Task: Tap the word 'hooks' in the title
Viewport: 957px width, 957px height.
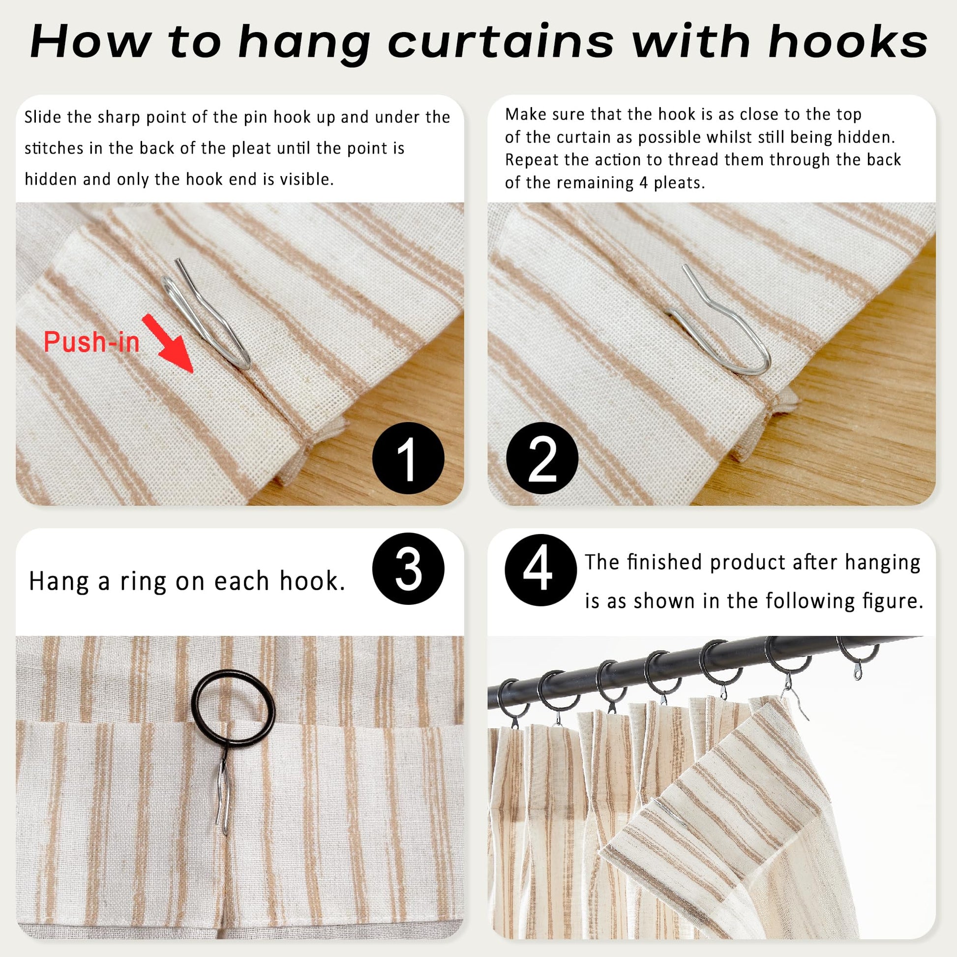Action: [x=847, y=43]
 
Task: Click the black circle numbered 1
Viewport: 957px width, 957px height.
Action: [x=408, y=458]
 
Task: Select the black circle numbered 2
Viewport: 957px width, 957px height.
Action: [x=542, y=458]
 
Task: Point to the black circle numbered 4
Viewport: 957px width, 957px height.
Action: [x=541, y=569]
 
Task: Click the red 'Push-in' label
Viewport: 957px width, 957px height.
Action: [x=91, y=342]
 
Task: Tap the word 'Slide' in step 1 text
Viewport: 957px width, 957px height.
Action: [x=43, y=118]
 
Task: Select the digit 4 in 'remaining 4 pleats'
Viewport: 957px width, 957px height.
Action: [x=643, y=183]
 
